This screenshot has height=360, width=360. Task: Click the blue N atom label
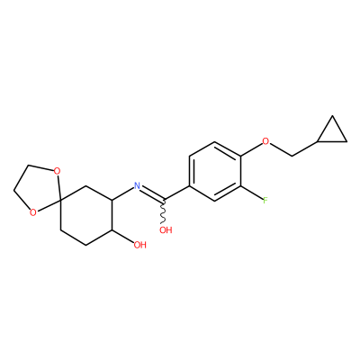[137, 185]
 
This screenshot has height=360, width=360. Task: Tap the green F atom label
[265, 201]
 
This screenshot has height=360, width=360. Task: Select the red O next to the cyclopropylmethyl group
[265, 141]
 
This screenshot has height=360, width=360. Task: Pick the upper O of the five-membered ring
[56, 172]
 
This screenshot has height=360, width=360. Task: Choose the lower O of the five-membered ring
[33, 212]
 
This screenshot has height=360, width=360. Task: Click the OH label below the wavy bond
[166, 230]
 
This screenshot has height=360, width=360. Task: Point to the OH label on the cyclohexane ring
[139, 245]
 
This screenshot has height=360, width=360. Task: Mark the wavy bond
[164, 211]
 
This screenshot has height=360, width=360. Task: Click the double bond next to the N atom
[152, 193]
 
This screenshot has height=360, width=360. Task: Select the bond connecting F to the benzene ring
[251, 193]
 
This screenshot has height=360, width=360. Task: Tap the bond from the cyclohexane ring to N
[122, 193]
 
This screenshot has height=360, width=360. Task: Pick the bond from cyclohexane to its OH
[122, 237]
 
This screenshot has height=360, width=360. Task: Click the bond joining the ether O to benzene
[251, 148]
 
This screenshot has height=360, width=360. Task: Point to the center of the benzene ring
[215, 171]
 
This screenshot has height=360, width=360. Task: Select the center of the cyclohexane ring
[86, 215]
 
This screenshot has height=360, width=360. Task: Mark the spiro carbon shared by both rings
[60, 200]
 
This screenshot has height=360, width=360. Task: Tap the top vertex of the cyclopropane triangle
[332, 116]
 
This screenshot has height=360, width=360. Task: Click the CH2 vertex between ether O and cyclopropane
[292, 156]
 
